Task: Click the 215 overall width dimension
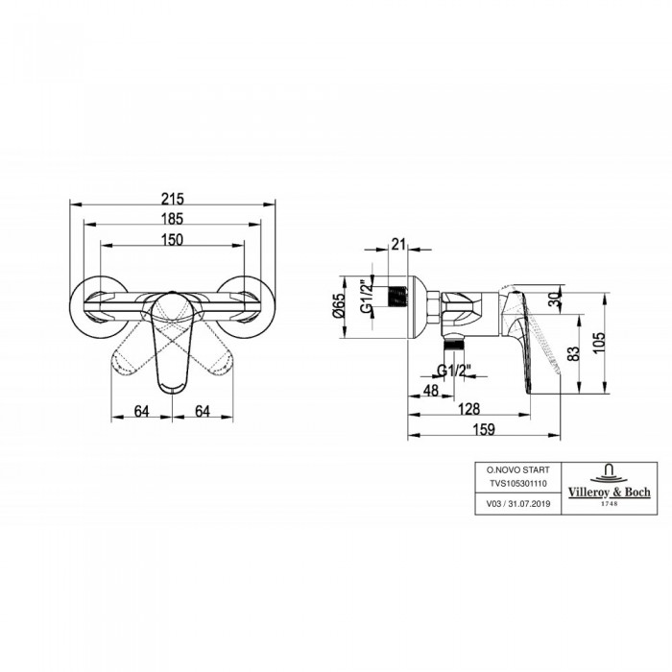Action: tap(172, 199)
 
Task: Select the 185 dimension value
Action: tap(172, 219)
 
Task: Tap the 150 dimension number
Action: tap(172, 240)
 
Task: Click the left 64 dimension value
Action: tap(142, 412)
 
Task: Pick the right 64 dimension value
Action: tap(203, 412)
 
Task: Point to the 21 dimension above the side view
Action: tap(398, 244)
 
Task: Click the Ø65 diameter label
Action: tap(338, 305)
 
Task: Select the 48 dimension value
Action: tap(431, 391)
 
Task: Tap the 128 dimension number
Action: tap(469, 409)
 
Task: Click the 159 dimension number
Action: tap(484, 429)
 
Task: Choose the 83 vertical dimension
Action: tap(574, 352)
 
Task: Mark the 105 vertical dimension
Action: tap(600, 343)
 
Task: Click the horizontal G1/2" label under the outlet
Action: tap(455, 371)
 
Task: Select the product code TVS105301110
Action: tap(518, 484)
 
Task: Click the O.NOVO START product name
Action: tap(517, 469)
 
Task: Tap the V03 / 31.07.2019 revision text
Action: tap(517, 504)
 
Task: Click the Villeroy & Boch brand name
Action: tap(609, 492)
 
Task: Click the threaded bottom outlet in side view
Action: tap(454, 343)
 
